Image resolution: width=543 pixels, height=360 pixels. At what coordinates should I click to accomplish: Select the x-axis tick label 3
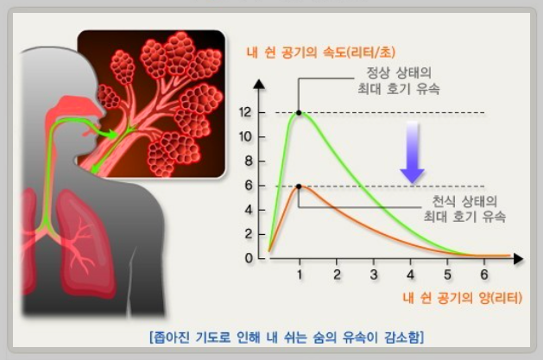click(373, 275)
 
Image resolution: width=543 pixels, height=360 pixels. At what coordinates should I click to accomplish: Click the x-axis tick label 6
click(484, 275)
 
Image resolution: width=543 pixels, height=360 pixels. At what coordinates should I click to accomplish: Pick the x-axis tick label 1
click(300, 275)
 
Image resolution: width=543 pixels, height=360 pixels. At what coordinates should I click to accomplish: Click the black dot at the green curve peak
click(299, 112)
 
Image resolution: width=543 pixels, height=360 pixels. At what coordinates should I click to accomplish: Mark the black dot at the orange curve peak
click(299, 186)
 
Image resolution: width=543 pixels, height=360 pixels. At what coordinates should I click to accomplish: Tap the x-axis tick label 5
click(447, 275)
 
